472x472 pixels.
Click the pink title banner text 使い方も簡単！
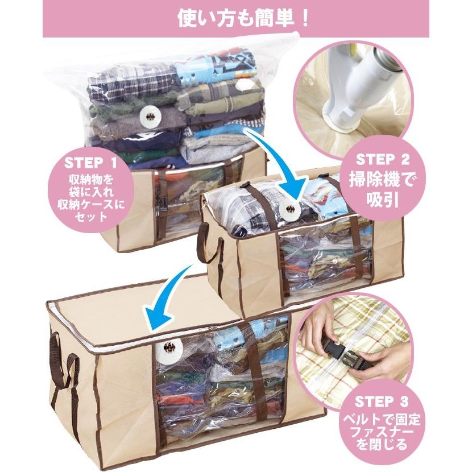pyautogui.click(x=235, y=18)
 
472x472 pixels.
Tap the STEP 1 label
pyautogui.click(x=90, y=164)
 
